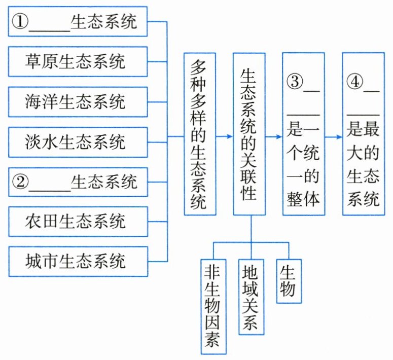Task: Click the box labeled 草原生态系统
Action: [x=78, y=62]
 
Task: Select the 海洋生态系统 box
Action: [x=78, y=102]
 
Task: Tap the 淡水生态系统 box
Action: [x=78, y=142]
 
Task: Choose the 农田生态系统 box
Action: [x=78, y=222]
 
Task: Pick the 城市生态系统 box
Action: [x=78, y=262]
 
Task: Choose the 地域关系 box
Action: [x=251, y=296]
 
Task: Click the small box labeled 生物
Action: [x=287, y=281]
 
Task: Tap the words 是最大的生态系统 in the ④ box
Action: [x=363, y=165]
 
